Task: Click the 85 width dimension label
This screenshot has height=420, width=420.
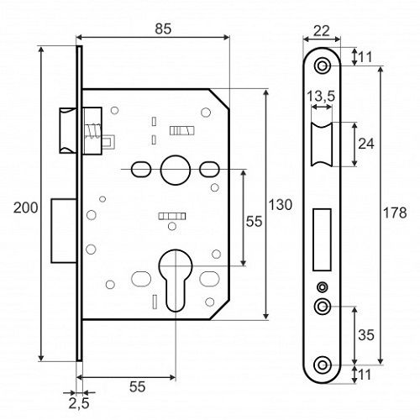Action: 163,29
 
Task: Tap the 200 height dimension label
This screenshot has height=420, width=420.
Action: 25,207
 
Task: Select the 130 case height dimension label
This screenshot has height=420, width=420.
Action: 281,204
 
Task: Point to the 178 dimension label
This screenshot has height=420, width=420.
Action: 395,213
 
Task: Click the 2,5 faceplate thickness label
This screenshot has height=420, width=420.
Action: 79,403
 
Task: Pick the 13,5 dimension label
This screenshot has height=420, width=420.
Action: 321,96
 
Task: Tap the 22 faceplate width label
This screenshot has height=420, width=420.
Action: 321,31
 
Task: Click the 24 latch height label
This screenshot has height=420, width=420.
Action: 366,144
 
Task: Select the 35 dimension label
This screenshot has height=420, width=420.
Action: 366,335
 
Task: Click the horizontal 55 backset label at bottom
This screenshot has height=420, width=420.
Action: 138,386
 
